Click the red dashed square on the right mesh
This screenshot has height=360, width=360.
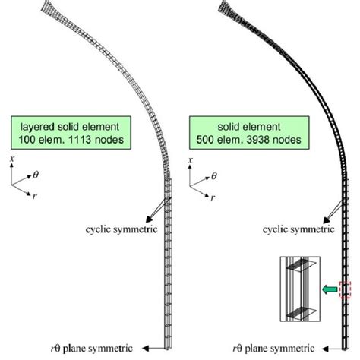345,289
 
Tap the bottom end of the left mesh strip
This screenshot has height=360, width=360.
168,346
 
